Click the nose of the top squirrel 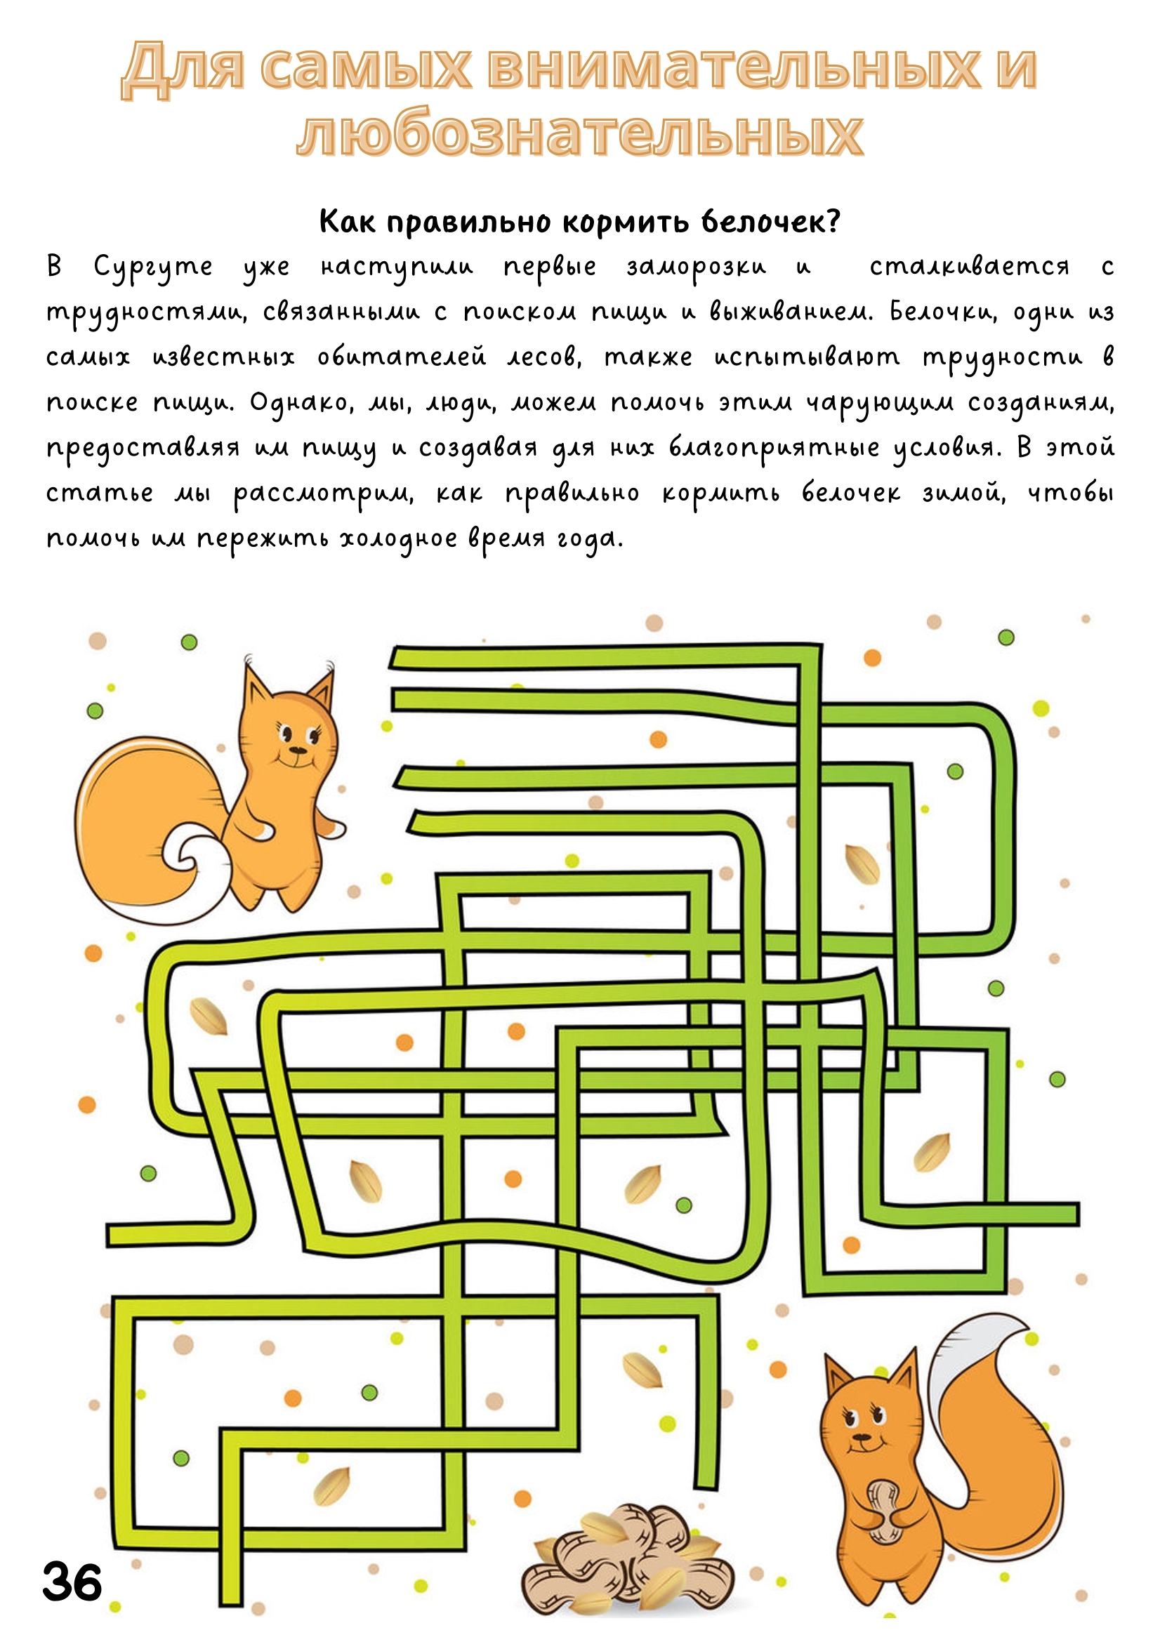(294, 750)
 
